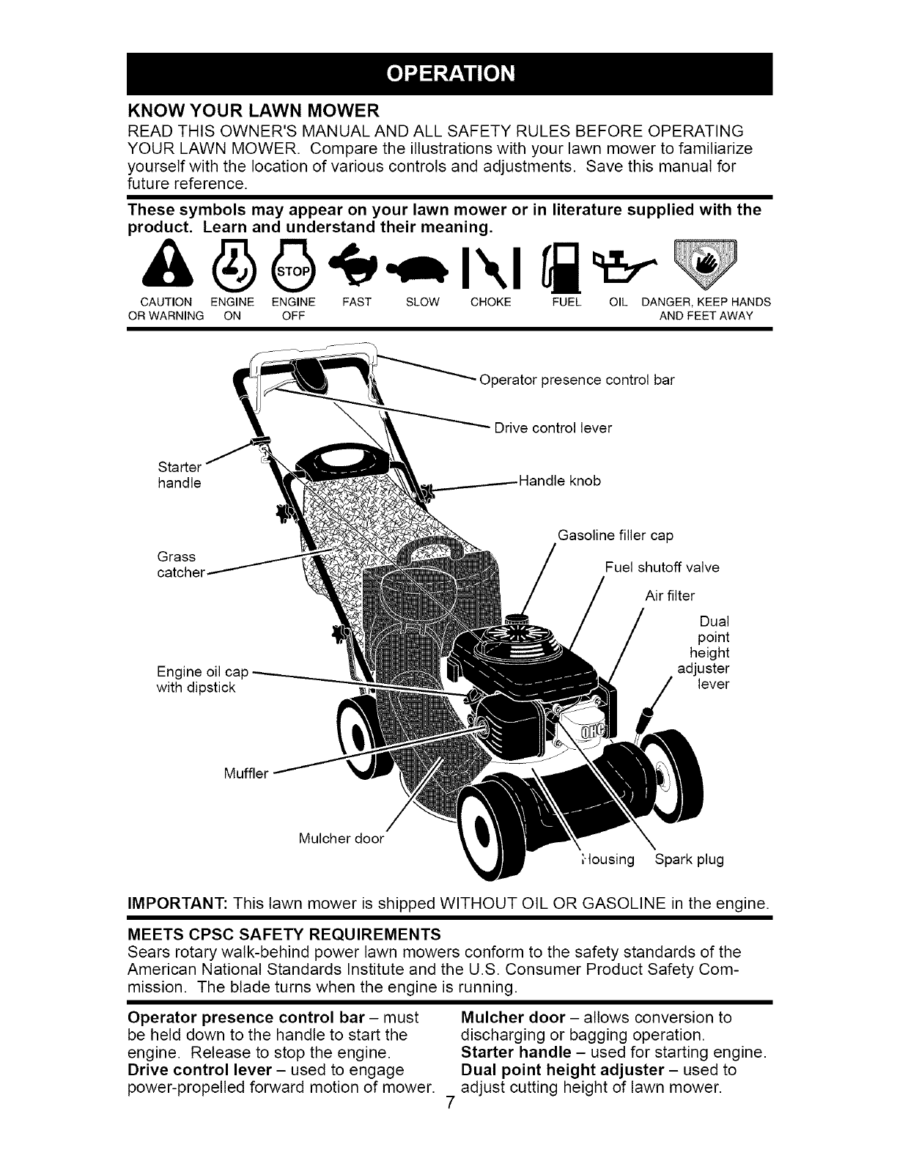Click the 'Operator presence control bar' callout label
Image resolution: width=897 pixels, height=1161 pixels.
tap(576, 380)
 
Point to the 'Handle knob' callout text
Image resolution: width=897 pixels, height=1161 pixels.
tap(559, 481)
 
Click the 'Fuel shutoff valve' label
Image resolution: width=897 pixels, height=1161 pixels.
tap(662, 567)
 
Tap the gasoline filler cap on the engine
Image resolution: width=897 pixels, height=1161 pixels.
tap(517, 619)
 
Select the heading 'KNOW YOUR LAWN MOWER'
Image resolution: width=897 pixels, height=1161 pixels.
tap(253, 111)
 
